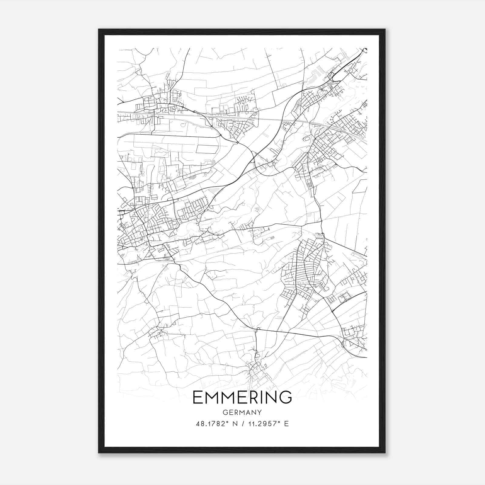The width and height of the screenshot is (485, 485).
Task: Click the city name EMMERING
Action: click(242, 397)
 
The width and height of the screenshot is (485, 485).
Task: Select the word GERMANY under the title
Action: click(242, 413)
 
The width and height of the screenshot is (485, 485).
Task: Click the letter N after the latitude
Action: click(234, 424)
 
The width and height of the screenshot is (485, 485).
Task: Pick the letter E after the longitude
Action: click(286, 424)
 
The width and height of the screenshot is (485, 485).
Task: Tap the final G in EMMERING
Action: click(286, 397)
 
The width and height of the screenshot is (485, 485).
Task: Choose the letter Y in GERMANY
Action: click(259, 413)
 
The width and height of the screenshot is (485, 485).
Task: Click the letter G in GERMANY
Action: click(225, 413)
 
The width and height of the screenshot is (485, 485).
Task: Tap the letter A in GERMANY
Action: click(248, 413)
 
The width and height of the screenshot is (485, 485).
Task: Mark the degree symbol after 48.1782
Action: click(226, 422)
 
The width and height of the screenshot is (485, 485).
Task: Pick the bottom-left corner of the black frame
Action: click(99, 453)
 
